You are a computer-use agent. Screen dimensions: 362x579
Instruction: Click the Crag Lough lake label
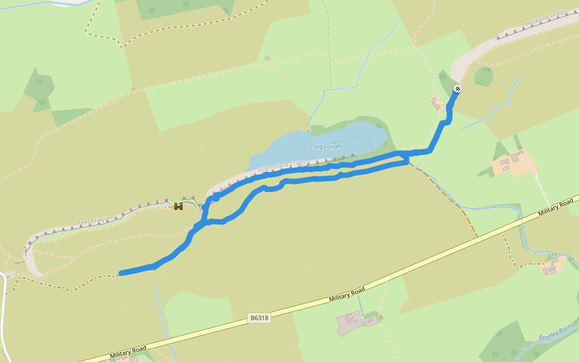pos(325,147)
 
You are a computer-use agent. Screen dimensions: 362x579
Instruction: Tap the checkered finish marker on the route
pos(457,89)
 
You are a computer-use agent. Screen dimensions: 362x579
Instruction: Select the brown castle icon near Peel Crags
pos(179,206)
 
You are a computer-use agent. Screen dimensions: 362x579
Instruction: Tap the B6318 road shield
pos(259,317)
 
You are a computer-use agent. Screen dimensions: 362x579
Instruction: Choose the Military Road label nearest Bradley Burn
pos(555,206)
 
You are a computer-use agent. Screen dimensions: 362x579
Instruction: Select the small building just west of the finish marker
pos(435,102)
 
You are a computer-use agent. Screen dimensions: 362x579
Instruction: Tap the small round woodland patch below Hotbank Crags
pos(483,76)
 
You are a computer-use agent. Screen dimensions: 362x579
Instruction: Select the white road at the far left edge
pos(2,314)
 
